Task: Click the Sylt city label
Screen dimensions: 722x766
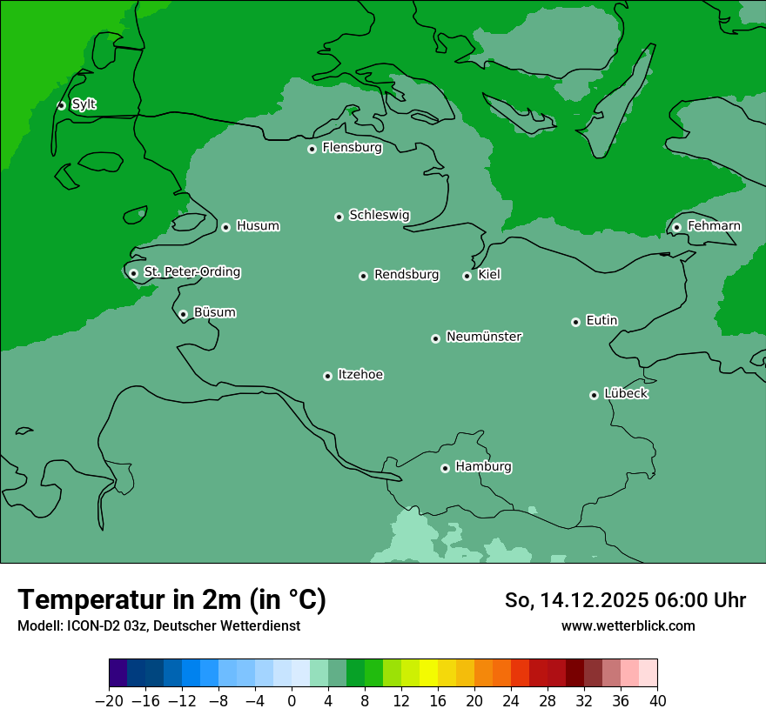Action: pos(84,104)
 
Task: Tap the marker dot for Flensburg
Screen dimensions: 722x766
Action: pos(312,149)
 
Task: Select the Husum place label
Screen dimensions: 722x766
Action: pos(258,226)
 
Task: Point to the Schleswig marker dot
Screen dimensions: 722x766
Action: pos(339,217)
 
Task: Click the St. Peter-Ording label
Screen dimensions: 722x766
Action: pos(191,272)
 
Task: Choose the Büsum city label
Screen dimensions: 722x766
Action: pos(214,312)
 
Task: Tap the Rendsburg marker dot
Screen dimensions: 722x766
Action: pos(363,276)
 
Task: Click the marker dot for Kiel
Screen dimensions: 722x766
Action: pos(467,276)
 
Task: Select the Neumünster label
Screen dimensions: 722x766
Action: pos(484,337)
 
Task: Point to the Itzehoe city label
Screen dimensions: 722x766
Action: pos(360,375)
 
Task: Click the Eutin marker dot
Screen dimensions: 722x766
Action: pos(575,322)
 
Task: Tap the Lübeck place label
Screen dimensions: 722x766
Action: pos(626,394)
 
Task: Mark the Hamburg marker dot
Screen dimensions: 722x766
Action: pos(445,468)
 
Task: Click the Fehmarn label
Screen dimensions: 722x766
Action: pos(714,226)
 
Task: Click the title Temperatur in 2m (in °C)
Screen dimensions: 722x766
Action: pos(171,599)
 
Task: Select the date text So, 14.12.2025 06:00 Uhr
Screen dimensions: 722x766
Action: pos(625,600)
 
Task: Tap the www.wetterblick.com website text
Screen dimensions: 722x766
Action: pos(628,625)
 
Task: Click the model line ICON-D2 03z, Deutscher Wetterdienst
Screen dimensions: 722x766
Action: pos(158,625)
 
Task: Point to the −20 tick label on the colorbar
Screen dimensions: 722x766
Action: pos(109,701)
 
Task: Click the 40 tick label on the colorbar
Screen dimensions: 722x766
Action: pos(657,701)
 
